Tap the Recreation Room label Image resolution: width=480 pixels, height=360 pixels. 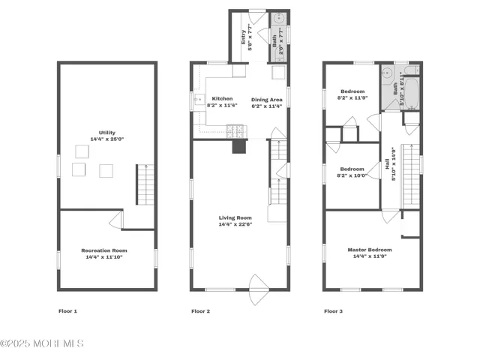pyautogui.click(x=104, y=250)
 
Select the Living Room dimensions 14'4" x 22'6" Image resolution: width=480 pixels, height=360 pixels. pyautogui.click(x=235, y=224)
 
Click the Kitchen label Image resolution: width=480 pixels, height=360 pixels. pyautogui.click(x=222, y=99)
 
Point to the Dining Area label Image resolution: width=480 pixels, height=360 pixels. pyautogui.click(x=267, y=100)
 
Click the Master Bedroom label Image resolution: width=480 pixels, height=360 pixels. pyautogui.click(x=369, y=250)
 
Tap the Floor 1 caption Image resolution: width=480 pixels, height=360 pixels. pyautogui.click(x=67, y=310)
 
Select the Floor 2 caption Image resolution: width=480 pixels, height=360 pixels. pyautogui.click(x=200, y=310)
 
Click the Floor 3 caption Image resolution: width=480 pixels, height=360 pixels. pyautogui.click(x=333, y=310)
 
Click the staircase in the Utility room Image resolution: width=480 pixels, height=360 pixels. pyautogui.click(x=145, y=185)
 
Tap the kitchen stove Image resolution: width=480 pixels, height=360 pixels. pyautogui.click(x=235, y=131)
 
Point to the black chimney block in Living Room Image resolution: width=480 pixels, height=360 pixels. pyautogui.click(x=238, y=146)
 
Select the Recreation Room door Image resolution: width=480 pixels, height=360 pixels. pyautogui.click(x=115, y=220)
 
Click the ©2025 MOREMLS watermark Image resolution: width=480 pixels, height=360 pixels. pyautogui.click(x=42, y=343)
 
